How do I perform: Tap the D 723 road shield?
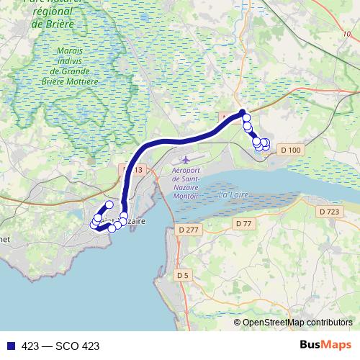pyautogui.click(x=328, y=211)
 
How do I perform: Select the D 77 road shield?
pyautogui.click(x=243, y=224)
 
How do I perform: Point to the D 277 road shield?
pyautogui.click(x=186, y=229)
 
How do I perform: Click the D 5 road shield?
pyautogui.click(x=182, y=274)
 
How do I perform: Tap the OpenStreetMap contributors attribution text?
pyautogui.click(x=297, y=322)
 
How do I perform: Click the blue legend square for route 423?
pyautogui.click(x=10, y=346)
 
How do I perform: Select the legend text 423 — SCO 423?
pyautogui.click(x=60, y=346)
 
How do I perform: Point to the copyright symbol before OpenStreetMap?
pyautogui.click(x=237, y=322)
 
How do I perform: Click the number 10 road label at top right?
pyautogui.click(x=348, y=34)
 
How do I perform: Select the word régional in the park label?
pyautogui.click(x=55, y=12)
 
